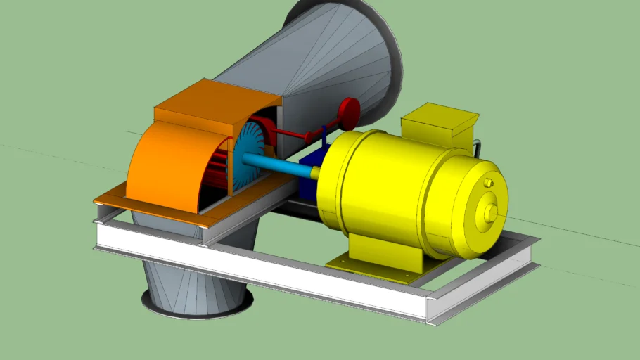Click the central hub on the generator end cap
tap(489, 210)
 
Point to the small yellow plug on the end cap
tap(489, 183)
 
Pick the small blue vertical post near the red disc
tap(324, 134)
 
